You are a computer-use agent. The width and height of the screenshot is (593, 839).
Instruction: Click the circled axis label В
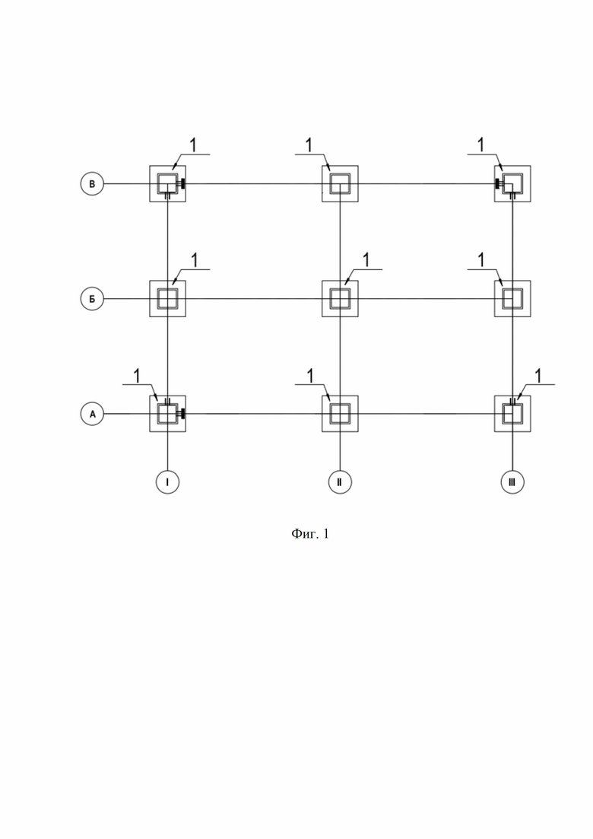(92, 184)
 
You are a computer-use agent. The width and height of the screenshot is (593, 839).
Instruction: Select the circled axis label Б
(92, 299)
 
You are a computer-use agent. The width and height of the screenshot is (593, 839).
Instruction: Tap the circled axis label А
(92, 414)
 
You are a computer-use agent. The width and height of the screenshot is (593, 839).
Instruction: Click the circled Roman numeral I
(167, 481)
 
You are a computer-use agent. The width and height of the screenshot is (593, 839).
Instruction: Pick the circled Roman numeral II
(340, 481)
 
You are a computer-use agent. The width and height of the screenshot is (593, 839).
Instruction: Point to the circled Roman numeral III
(512, 481)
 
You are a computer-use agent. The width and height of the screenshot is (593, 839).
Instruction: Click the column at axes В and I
(167, 183)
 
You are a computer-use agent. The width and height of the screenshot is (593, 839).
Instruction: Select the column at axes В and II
(340, 183)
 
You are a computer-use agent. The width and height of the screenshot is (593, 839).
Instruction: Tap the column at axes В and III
(512, 183)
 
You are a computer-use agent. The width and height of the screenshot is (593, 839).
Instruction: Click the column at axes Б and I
(167, 299)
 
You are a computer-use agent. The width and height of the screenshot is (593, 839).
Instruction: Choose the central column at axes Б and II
(340, 299)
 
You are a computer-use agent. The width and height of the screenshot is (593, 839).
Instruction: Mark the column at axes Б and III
(512, 299)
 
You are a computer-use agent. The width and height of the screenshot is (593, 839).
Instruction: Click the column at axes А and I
(167, 414)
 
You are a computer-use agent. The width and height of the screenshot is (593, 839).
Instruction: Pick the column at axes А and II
(340, 414)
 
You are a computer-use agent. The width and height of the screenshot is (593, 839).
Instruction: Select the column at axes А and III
(512, 414)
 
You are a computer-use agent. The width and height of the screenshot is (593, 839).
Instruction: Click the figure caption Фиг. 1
(310, 533)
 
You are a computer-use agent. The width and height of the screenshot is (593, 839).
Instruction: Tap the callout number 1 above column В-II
(309, 145)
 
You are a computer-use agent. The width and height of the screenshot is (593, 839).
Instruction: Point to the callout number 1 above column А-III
(538, 376)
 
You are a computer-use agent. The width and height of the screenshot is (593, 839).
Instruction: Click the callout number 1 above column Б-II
(366, 260)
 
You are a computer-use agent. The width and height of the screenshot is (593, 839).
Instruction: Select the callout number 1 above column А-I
(137, 376)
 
